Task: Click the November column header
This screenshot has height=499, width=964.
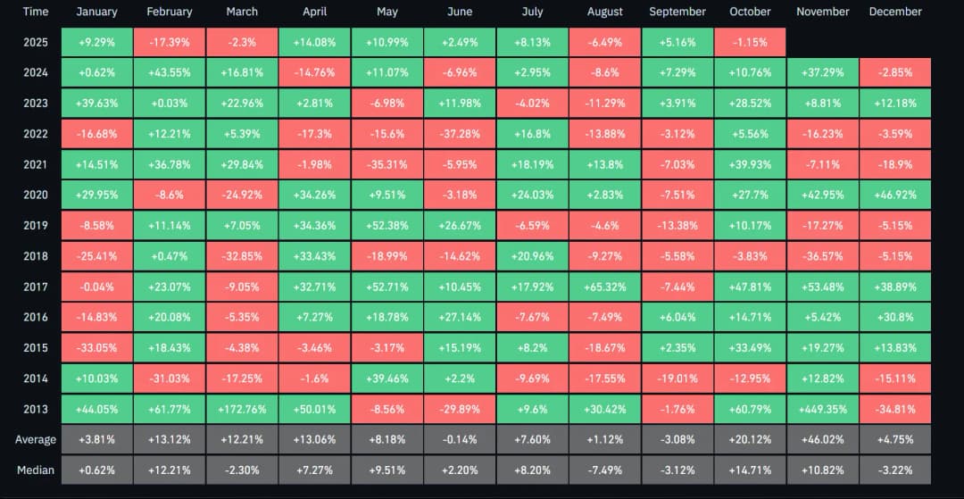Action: click(822, 12)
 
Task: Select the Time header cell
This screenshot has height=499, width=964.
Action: click(36, 12)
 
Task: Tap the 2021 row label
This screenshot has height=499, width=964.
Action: click(36, 164)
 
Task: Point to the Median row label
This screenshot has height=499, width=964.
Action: click(36, 470)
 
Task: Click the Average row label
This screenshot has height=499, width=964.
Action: click(36, 439)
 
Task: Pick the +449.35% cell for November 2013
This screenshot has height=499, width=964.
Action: click(822, 409)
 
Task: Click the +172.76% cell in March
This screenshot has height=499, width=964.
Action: click(242, 409)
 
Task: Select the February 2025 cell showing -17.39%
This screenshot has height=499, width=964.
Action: click(169, 42)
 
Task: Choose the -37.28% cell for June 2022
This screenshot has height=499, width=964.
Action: click(460, 134)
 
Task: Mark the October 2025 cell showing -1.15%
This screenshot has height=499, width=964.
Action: click(750, 42)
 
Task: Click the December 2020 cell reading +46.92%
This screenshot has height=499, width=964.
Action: click(894, 195)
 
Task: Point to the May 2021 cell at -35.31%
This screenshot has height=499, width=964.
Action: click(386, 164)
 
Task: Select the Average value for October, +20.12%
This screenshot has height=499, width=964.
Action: click(750, 439)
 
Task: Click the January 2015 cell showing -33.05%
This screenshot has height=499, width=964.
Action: click(96, 347)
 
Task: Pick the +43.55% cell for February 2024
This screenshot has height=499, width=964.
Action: click(169, 72)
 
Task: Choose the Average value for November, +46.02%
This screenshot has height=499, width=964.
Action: click(822, 439)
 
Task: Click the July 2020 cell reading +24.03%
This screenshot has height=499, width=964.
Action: click(532, 195)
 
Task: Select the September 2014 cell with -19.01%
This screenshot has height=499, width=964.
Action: click(677, 378)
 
